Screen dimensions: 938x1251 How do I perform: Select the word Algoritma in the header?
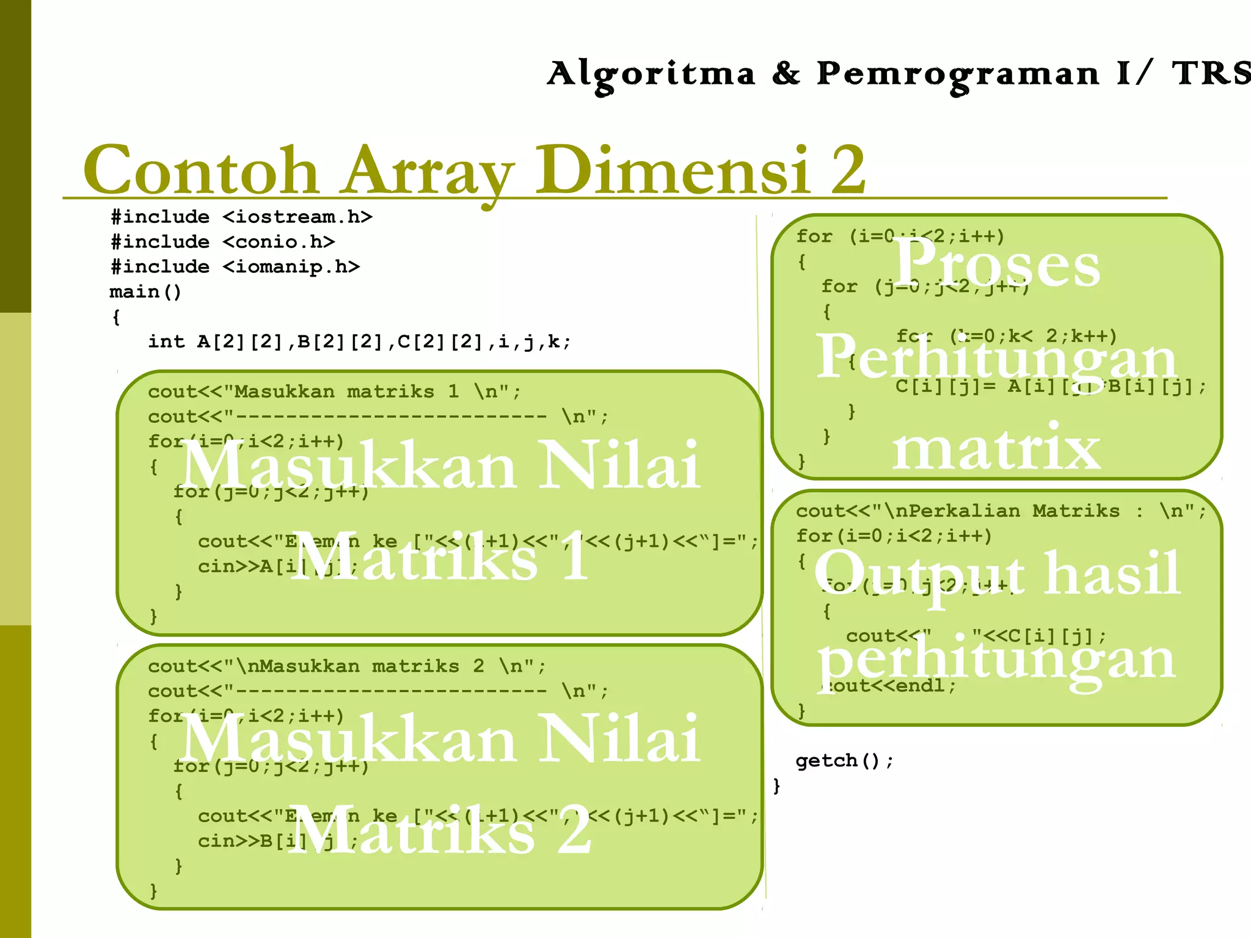[651, 75]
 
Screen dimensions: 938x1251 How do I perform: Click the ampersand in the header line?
[786, 74]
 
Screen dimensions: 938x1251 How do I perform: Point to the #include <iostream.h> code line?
[241, 217]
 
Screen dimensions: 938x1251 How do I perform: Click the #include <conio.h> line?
[223, 242]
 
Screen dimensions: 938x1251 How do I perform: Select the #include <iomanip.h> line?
[235, 267]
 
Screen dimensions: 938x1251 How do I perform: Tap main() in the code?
[145, 292]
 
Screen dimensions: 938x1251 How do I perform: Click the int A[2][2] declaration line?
[359, 342]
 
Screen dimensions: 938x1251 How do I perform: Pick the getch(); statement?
[844, 761]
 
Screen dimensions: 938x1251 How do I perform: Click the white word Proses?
[997, 264]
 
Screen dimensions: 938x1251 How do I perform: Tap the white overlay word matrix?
[997, 449]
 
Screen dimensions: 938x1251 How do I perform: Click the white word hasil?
[1112, 573]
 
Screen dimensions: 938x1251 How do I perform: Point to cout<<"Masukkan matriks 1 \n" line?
[334, 391]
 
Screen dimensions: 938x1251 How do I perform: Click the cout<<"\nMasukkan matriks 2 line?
[346, 666]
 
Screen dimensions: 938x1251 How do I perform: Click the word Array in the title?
[428, 171]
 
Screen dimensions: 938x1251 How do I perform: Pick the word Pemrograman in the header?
[958, 75]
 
